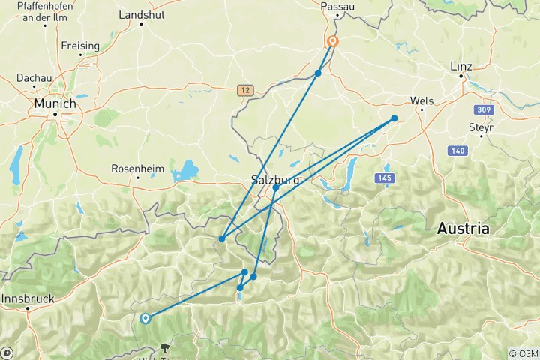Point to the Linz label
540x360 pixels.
461,66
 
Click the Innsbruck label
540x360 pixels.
28,298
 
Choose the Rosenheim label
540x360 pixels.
137,169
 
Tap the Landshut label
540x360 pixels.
141,14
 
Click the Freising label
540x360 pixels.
80,46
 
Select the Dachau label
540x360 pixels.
31,77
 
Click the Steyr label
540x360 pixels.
481,127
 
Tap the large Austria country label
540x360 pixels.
463,228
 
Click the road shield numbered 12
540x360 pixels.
244,90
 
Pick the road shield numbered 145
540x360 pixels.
385,177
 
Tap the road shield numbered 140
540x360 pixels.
457,151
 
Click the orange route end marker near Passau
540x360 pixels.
332,42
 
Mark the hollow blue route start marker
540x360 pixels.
145,318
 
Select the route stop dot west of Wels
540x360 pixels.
394,118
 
